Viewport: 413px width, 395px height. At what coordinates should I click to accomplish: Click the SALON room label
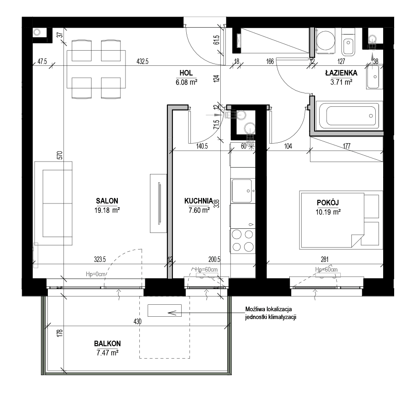pyautogui.click(x=107, y=201)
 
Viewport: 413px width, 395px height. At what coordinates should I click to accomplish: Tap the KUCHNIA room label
pyautogui.click(x=199, y=201)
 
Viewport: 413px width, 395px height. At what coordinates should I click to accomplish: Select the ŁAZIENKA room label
pyautogui.click(x=341, y=73)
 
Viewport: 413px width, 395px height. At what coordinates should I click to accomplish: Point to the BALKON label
pyautogui.click(x=108, y=343)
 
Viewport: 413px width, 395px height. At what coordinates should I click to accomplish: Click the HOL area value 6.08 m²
pyautogui.click(x=186, y=82)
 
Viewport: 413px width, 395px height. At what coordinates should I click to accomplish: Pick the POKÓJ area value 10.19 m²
pyautogui.click(x=328, y=212)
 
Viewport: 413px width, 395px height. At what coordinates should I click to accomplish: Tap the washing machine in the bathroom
pyautogui.click(x=326, y=41)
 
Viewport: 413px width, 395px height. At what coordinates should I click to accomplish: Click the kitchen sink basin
pyautogui.click(x=242, y=191)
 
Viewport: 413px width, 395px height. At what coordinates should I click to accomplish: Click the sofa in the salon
pyautogui.click(x=53, y=203)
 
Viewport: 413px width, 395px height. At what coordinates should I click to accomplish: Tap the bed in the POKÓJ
pyautogui.click(x=341, y=220)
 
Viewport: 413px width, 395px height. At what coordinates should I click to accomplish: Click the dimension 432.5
pyautogui.click(x=142, y=61)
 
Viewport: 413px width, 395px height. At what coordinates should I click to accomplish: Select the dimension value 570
pyautogui.click(x=60, y=155)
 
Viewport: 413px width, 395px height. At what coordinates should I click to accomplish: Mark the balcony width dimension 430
pyautogui.click(x=138, y=321)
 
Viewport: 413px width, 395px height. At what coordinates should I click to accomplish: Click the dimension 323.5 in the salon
pyautogui.click(x=100, y=260)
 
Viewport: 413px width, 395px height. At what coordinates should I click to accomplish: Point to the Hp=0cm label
pyautogui.click(x=95, y=274)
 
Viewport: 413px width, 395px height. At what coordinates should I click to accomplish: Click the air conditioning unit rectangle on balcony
pyautogui.click(x=165, y=310)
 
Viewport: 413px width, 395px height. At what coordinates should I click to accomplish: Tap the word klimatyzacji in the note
pyautogui.click(x=282, y=317)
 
